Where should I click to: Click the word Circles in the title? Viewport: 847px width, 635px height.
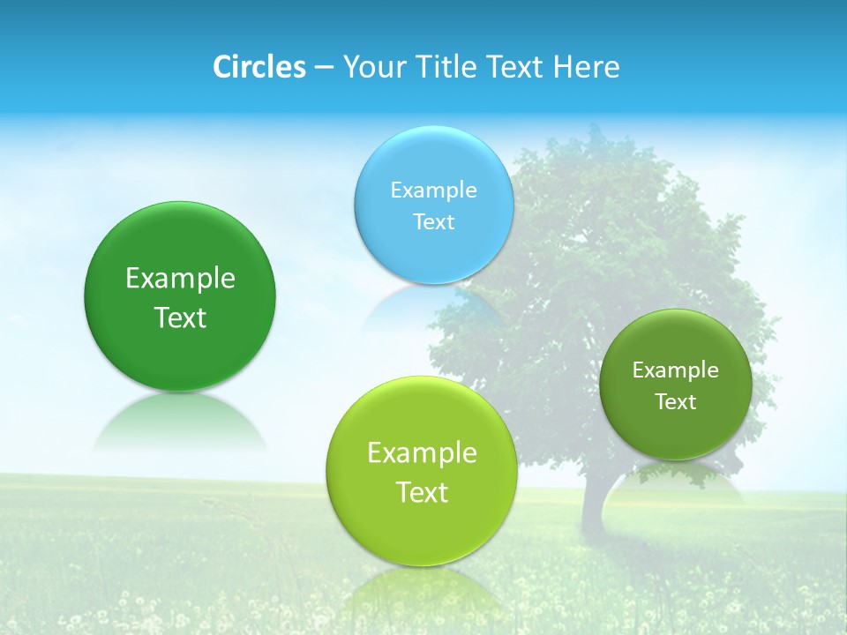[x=259, y=67]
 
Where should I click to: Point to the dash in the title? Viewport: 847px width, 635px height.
[x=324, y=68]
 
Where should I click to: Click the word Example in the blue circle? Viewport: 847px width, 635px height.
[x=433, y=190]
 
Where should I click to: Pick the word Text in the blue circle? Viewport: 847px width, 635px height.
[x=433, y=221]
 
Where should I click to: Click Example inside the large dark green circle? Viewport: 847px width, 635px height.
[x=180, y=278]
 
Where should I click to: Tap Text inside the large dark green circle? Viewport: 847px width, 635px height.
[x=180, y=317]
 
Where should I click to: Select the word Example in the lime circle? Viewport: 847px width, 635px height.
[x=422, y=452]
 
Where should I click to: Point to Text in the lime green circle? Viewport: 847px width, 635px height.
[x=422, y=492]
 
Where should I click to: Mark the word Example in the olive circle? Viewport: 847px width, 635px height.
[x=675, y=370]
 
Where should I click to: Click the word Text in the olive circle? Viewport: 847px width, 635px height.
[x=675, y=401]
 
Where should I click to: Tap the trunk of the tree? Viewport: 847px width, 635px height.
[x=596, y=503]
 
